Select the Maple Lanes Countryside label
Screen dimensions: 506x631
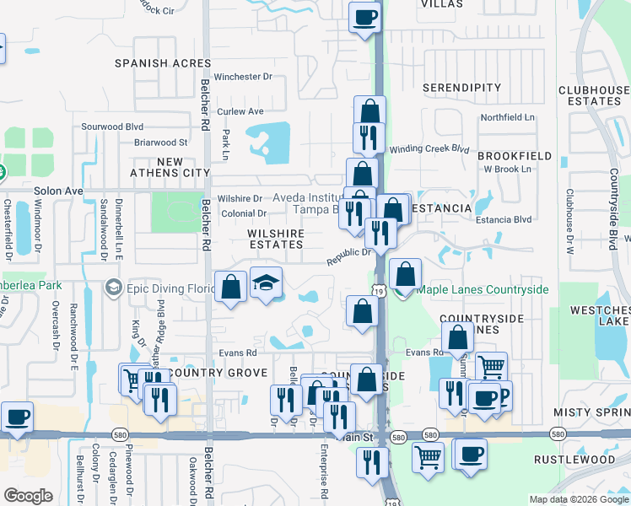(482, 290)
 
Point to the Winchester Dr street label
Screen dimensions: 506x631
(243, 77)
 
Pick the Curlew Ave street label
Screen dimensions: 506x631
(240, 111)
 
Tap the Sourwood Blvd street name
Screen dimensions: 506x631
(112, 126)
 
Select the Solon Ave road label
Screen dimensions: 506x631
(58, 191)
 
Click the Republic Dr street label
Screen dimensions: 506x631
(349, 254)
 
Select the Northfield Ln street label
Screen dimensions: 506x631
(507, 118)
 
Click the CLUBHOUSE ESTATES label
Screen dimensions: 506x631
(595, 95)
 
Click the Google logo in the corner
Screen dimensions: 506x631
(29, 496)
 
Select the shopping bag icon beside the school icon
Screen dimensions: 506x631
(231, 287)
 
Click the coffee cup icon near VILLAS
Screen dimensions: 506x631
(364, 17)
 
